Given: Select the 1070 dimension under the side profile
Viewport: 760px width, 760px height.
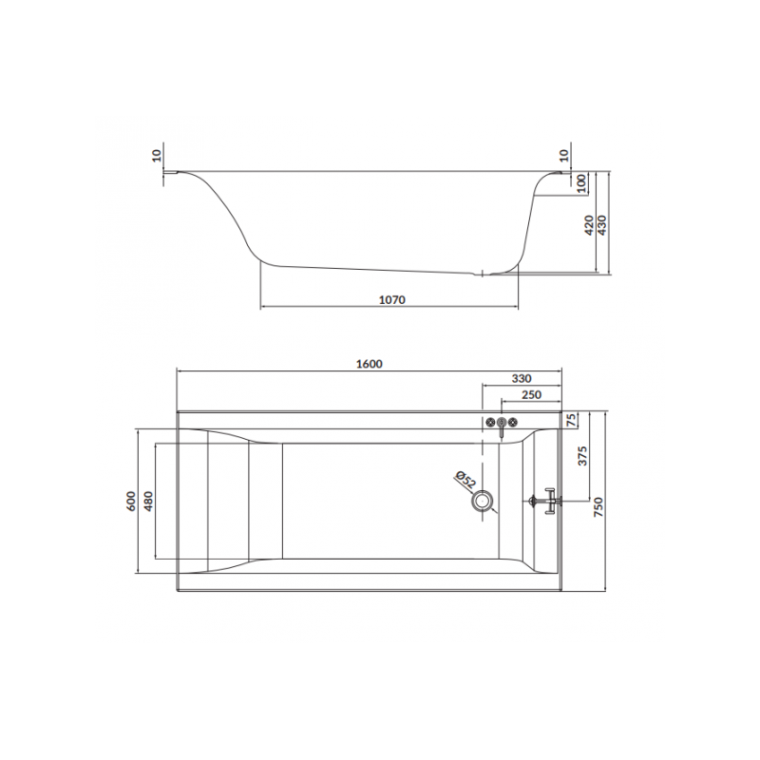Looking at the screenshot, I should tap(392, 300).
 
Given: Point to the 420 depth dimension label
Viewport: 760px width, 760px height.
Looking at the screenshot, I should tap(588, 225).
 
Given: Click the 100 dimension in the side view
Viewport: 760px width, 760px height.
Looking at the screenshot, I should tap(579, 183).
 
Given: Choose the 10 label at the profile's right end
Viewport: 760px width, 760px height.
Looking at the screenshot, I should tap(563, 155).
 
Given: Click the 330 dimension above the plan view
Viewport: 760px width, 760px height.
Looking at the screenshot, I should tap(522, 378).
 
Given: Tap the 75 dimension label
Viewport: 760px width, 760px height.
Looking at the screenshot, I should tap(572, 423).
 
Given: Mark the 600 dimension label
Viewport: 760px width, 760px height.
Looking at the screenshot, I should tap(131, 502).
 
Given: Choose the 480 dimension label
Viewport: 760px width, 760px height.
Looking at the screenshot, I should tap(147, 502).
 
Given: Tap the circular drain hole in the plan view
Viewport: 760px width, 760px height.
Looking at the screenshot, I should tap(485, 500).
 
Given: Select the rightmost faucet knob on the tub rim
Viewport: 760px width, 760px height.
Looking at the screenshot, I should tap(513, 422).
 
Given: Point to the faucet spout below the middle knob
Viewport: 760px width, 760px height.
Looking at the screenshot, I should tap(502, 430).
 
